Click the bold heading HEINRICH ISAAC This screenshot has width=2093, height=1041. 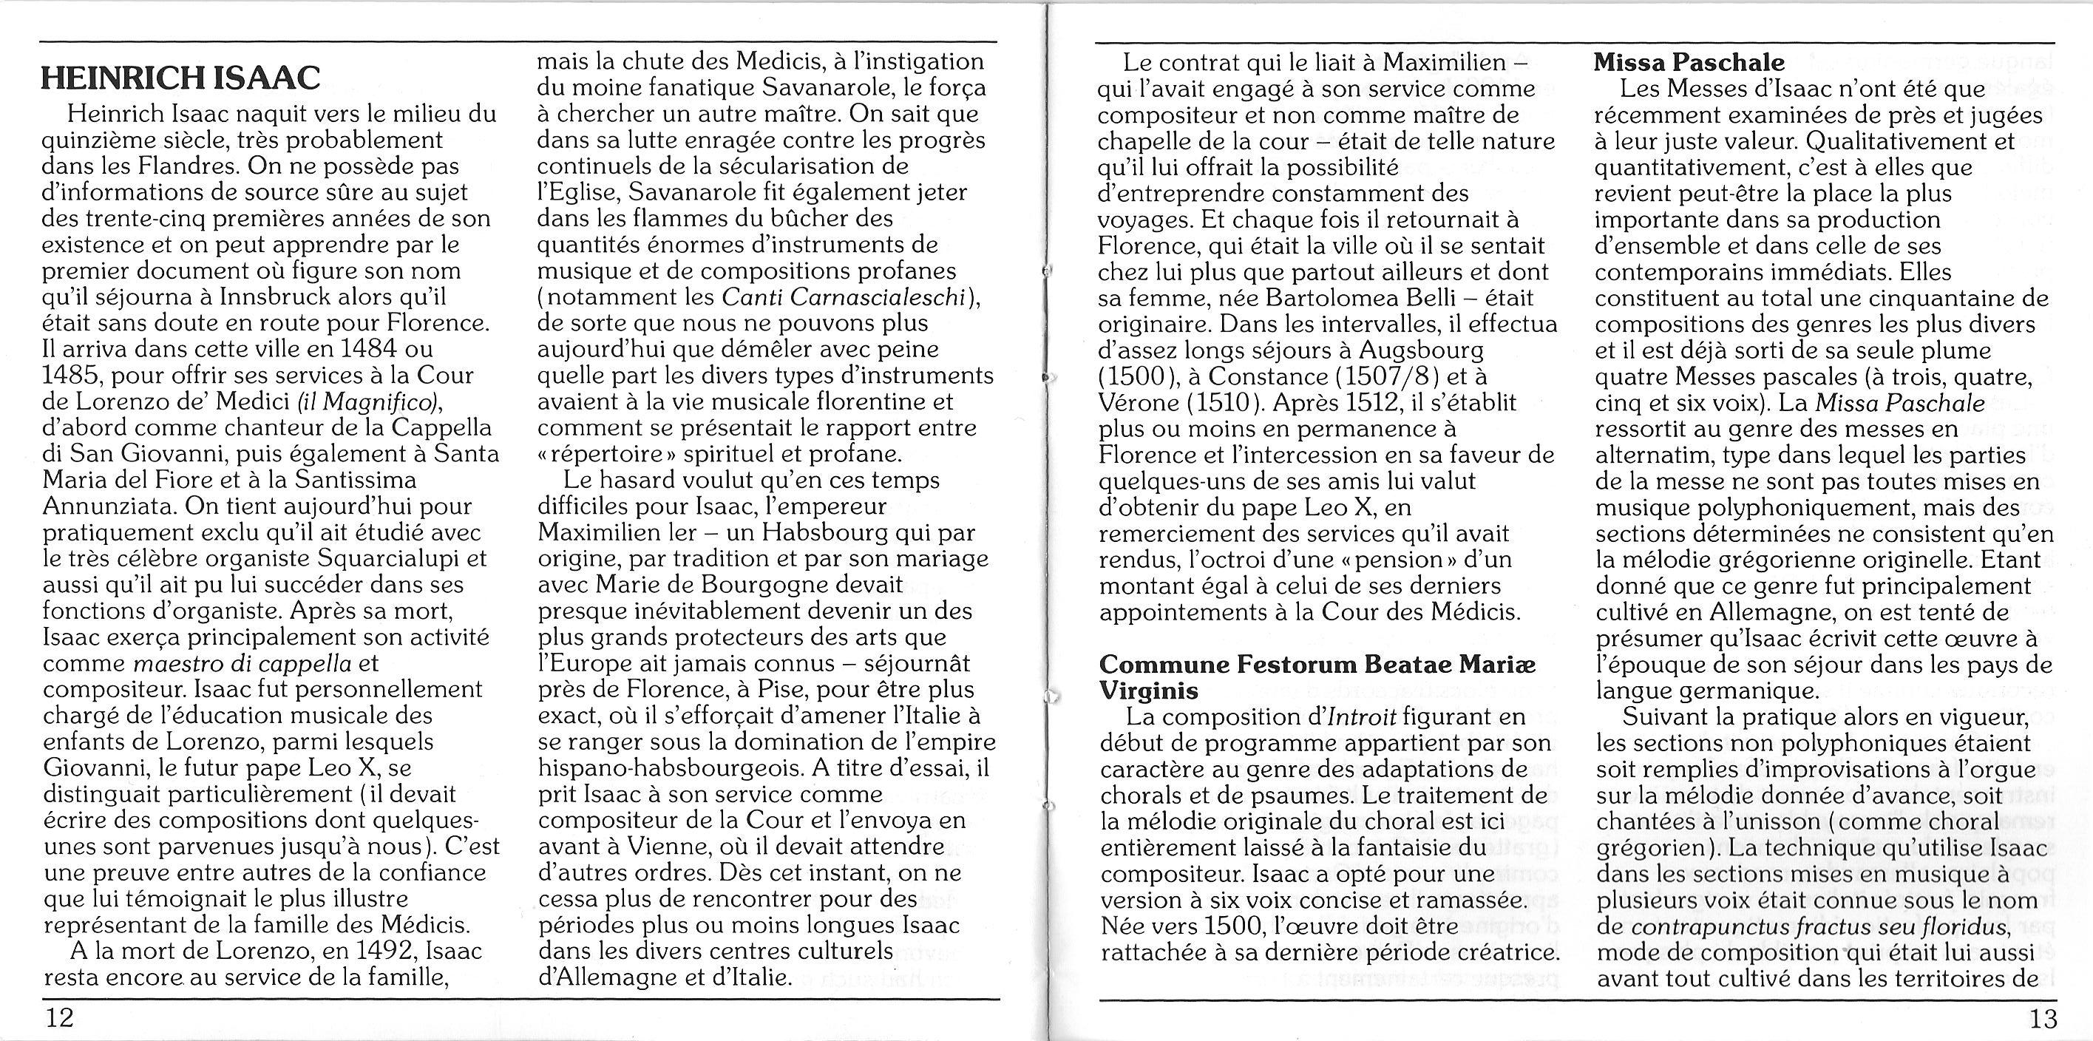(180, 78)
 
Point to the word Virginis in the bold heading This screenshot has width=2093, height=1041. (1148, 691)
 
